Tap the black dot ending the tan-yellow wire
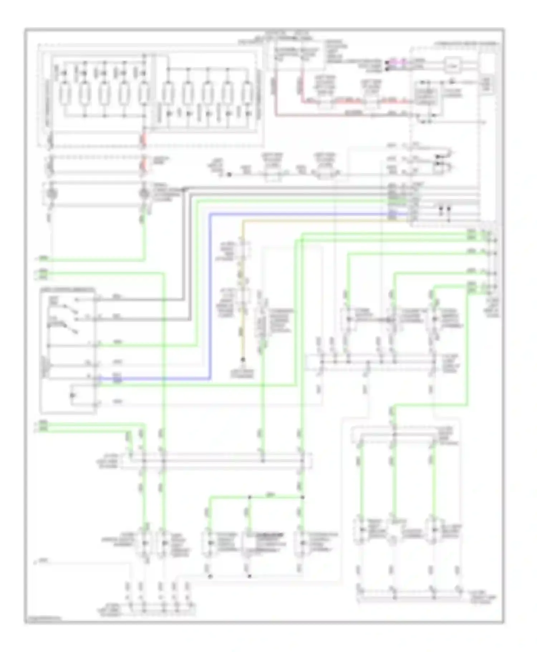coord(243,359)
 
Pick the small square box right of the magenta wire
coord(453,65)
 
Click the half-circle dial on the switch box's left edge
coord(45,365)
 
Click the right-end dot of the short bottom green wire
coord(303,497)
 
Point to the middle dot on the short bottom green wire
coord(250,497)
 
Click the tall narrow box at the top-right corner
coord(487,84)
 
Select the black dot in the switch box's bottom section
coord(73,395)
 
